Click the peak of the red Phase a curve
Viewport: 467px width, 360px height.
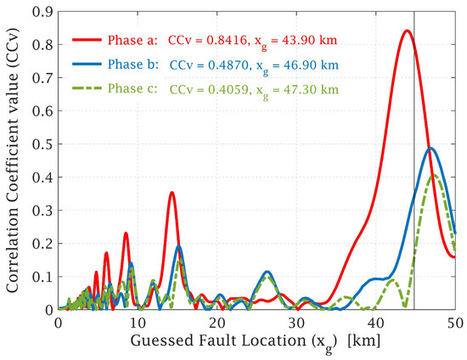click(408, 31)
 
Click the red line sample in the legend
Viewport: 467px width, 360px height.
click(87, 40)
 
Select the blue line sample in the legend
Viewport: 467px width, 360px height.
click(87, 65)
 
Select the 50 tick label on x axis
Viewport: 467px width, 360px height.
click(454, 323)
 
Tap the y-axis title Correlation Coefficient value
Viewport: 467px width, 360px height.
click(14, 161)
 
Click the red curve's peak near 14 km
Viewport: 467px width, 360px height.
click(172, 193)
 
